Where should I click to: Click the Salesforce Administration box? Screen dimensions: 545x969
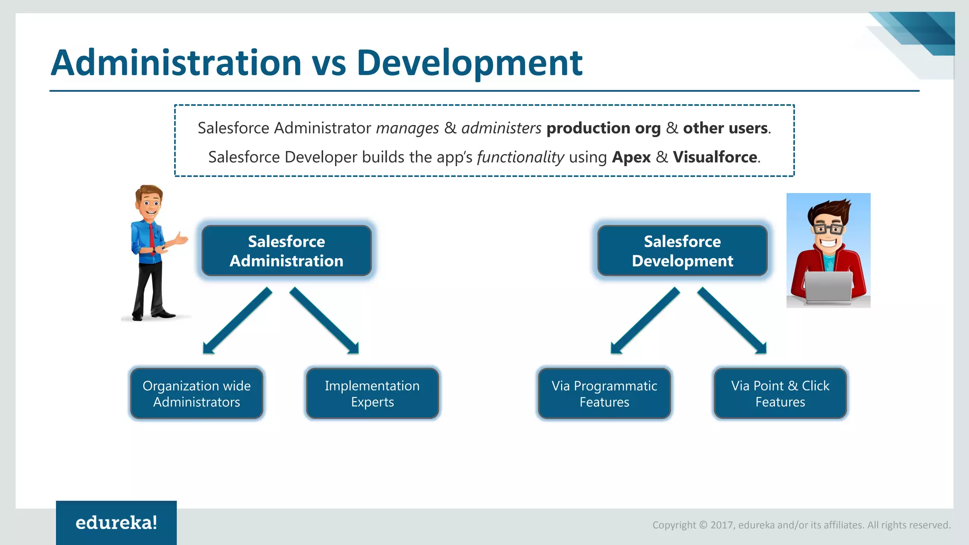(286, 251)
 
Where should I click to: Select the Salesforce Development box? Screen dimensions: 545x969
(682, 251)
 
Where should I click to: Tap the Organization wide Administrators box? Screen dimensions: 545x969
(196, 394)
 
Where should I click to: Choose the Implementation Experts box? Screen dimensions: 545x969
(372, 394)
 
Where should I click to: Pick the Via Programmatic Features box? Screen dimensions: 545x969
(604, 394)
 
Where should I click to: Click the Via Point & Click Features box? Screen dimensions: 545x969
(780, 394)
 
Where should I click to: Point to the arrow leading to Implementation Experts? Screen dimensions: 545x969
(325, 321)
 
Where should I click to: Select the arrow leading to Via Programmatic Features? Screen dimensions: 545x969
(645, 321)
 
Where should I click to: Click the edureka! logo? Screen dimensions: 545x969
(116, 523)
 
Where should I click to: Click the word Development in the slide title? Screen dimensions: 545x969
(469, 63)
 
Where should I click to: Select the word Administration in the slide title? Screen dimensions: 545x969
(176, 63)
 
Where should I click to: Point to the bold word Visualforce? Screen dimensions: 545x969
(715, 157)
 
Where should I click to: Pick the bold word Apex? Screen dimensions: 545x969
(631, 157)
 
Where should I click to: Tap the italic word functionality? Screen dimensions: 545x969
(520, 157)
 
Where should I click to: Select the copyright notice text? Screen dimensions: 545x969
(801, 525)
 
